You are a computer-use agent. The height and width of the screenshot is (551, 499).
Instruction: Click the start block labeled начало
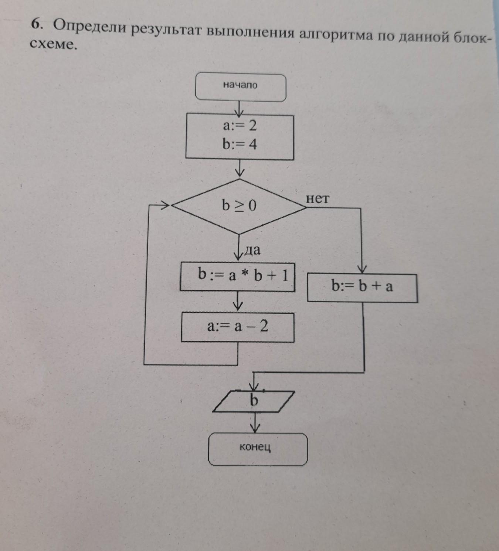click(x=240, y=87)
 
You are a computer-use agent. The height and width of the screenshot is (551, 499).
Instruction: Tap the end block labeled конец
click(x=258, y=449)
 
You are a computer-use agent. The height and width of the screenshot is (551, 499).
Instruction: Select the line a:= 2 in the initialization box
click(x=240, y=126)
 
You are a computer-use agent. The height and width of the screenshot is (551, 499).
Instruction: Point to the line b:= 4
click(x=240, y=144)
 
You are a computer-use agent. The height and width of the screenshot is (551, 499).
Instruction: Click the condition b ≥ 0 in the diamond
click(x=239, y=205)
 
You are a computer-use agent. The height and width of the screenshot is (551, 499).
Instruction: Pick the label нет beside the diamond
click(x=318, y=198)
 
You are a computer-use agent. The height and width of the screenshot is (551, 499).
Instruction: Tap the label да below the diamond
click(x=252, y=250)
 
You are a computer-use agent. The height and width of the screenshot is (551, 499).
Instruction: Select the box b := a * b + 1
click(x=237, y=277)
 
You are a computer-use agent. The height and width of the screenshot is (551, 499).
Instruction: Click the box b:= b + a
click(x=362, y=288)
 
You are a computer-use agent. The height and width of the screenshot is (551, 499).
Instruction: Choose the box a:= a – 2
click(x=237, y=327)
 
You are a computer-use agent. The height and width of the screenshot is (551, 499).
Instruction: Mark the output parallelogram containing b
click(x=254, y=401)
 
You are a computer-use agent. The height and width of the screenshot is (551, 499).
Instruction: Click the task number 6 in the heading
click(x=37, y=25)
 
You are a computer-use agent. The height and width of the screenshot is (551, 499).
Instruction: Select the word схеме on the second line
click(x=52, y=44)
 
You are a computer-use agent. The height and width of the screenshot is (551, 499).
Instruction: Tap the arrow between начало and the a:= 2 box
click(x=240, y=109)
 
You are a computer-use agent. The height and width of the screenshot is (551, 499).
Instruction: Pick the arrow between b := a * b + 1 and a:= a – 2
click(x=238, y=301)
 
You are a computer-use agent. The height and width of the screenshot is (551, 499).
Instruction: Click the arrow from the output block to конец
click(x=255, y=422)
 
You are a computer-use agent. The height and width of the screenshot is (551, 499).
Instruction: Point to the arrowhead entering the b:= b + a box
click(x=363, y=269)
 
